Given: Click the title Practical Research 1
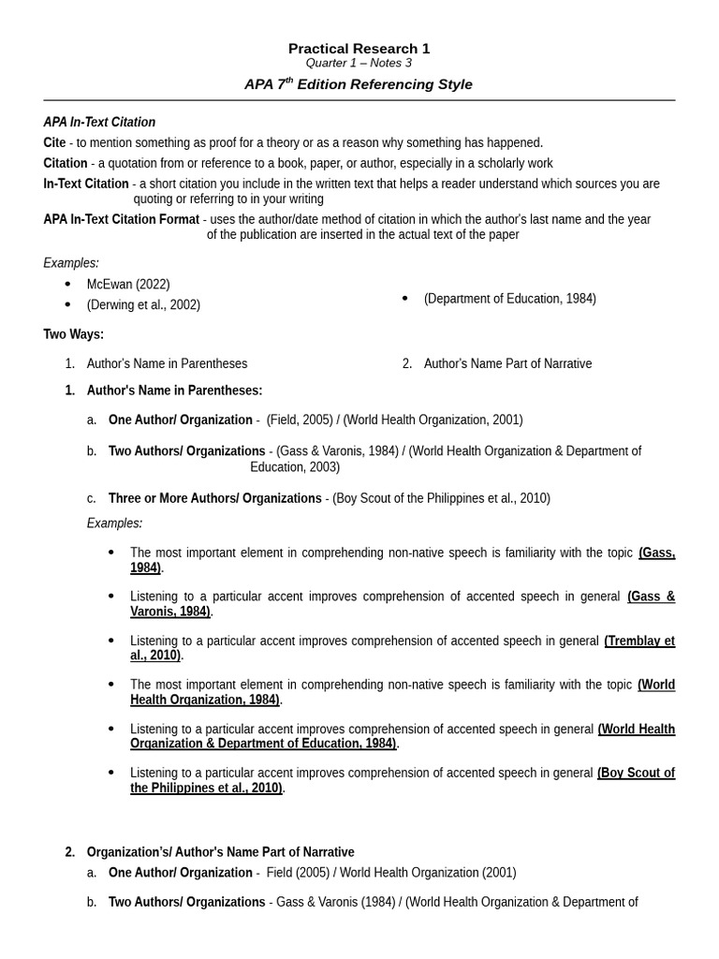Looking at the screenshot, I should [359, 49].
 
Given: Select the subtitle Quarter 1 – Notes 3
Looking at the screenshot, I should [359, 64].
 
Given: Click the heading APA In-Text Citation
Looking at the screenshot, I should [99, 123].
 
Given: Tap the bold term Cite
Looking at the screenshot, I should [54, 143].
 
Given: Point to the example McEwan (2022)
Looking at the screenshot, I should [128, 285].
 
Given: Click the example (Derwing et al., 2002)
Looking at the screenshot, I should [143, 305].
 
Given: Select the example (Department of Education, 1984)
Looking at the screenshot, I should [509, 299].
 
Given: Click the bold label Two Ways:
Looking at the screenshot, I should [73, 334].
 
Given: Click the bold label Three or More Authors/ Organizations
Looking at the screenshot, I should [214, 498].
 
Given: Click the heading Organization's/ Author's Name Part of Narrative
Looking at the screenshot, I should [220, 852].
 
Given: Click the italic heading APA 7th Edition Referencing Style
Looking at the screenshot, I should [359, 84].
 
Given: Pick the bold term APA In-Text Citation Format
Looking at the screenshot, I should [121, 220].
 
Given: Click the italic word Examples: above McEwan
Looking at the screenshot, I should [71, 263].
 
